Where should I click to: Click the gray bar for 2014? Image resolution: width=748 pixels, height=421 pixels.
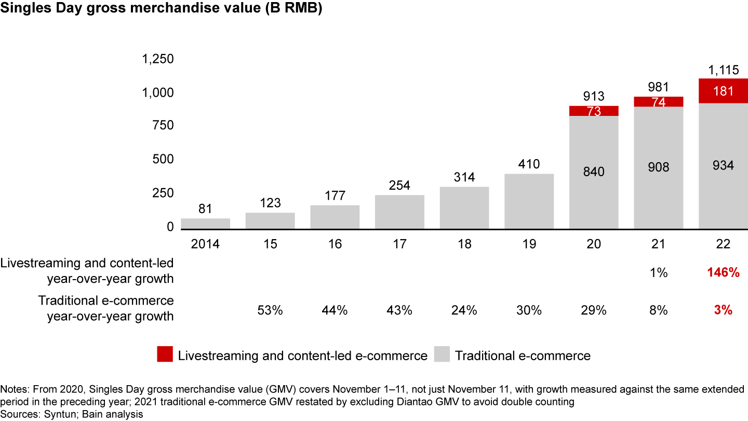point(205,223)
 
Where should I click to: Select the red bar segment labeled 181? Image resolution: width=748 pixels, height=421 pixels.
point(723,91)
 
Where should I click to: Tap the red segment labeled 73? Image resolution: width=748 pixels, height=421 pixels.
point(594,111)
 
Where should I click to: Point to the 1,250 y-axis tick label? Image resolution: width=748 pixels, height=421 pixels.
point(158,59)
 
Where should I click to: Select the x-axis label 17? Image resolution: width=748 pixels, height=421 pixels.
point(399,244)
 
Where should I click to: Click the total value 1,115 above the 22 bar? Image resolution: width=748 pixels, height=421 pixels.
point(723,70)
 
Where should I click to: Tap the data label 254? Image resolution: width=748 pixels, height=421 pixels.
point(399,186)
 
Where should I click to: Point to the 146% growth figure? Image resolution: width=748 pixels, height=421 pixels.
point(723,272)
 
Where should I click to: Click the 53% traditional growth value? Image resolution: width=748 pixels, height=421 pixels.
point(270,310)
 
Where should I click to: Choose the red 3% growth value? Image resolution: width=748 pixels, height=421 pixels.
point(723,310)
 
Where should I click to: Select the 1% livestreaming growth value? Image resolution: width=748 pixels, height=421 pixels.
point(658,272)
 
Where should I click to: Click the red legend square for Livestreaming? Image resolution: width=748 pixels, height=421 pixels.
point(164,356)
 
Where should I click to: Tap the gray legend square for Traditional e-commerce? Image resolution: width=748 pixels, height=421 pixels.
point(442,356)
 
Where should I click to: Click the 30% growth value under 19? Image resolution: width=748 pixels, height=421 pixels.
point(529,310)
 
